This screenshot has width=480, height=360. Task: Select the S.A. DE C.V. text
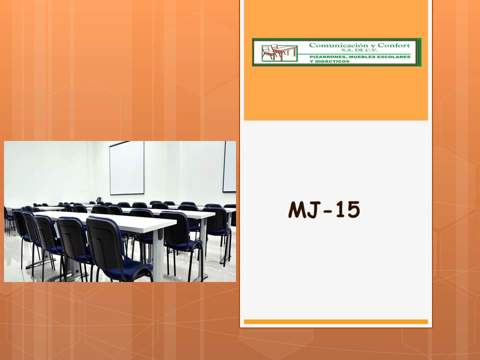tap(359, 50)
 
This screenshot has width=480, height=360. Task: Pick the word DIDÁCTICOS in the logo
tap(332, 61)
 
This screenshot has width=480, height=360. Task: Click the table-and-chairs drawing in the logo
tap(279, 52)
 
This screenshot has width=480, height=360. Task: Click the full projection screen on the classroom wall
tap(126, 168)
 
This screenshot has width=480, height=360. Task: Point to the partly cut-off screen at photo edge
tap(229, 167)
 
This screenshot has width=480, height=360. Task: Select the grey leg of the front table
tap(158, 254)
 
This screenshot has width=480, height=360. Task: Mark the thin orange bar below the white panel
tap(336, 321)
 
